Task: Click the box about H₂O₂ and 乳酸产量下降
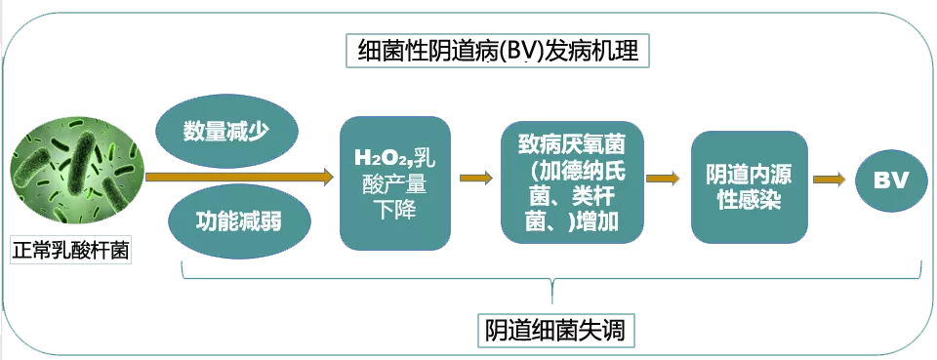click(x=395, y=182)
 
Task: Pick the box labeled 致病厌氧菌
click(x=573, y=182)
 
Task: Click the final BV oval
click(x=890, y=180)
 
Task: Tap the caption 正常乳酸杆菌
click(x=70, y=250)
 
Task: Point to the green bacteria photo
click(x=77, y=175)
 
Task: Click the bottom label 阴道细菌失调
click(x=554, y=330)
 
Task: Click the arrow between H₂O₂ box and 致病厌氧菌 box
click(x=475, y=178)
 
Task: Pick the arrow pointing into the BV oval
click(x=829, y=179)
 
